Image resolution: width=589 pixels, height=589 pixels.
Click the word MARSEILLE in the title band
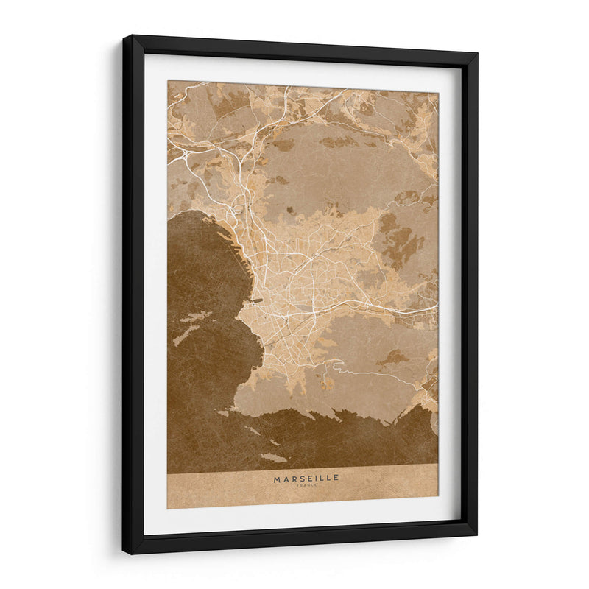[306, 478]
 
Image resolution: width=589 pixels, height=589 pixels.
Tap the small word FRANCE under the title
[306, 485]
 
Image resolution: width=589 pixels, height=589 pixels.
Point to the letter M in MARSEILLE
[278, 478]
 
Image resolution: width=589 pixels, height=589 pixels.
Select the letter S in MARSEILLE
[298, 478]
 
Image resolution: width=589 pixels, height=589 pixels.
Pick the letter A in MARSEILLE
[285, 478]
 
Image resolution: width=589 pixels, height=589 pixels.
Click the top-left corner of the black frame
[124, 36]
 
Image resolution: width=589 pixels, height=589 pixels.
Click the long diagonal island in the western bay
[191, 328]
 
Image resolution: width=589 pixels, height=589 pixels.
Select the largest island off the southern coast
[273, 457]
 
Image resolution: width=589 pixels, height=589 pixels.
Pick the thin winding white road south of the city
[368, 373]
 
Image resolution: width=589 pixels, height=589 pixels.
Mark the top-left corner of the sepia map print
[168, 81]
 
